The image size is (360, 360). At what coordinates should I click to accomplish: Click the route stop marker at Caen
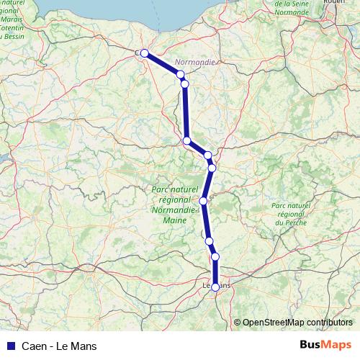click(144, 53)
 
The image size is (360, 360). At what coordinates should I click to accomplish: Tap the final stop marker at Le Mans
click(215, 287)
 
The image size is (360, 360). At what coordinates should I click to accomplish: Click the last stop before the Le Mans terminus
click(215, 256)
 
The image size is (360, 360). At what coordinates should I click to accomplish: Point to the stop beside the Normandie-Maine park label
click(204, 201)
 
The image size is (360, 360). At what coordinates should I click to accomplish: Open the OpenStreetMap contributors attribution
click(297, 323)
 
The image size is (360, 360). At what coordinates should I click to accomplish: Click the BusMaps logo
click(325, 346)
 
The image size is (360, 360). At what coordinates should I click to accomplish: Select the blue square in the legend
click(10, 346)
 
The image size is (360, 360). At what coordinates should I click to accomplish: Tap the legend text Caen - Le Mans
click(59, 346)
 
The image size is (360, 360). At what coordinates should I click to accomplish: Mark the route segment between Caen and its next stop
click(162, 63)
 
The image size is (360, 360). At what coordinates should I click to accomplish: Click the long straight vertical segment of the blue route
click(186, 112)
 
